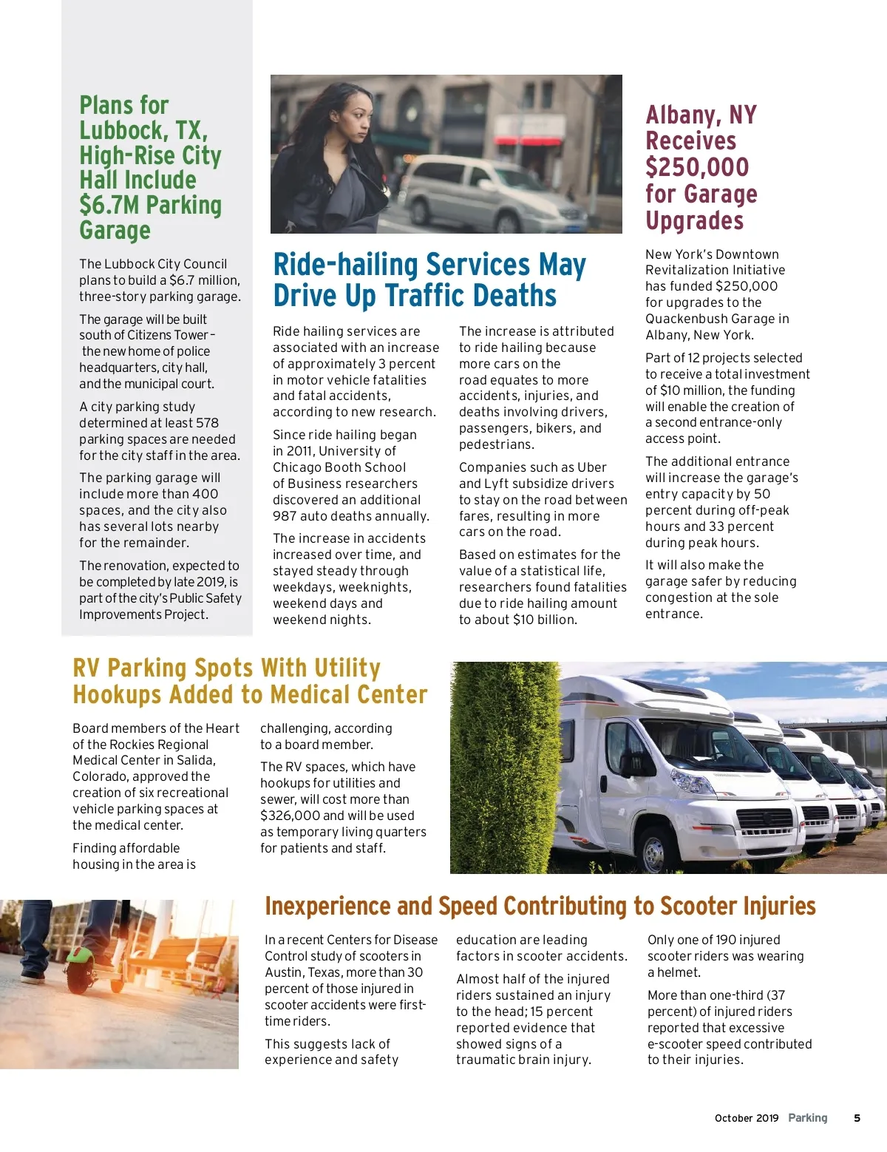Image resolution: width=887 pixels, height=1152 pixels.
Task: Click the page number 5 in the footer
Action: point(857,1118)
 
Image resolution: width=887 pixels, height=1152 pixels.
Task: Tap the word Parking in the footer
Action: point(807,1118)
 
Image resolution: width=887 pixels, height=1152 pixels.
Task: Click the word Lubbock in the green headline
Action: point(122,131)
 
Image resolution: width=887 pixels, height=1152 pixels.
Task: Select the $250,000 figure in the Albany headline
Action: point(697,167)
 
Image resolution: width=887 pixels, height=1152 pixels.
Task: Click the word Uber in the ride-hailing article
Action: point(592,467)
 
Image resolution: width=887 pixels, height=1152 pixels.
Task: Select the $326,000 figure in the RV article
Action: point(290,816)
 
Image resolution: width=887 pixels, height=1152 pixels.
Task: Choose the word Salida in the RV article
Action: point(194,760)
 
